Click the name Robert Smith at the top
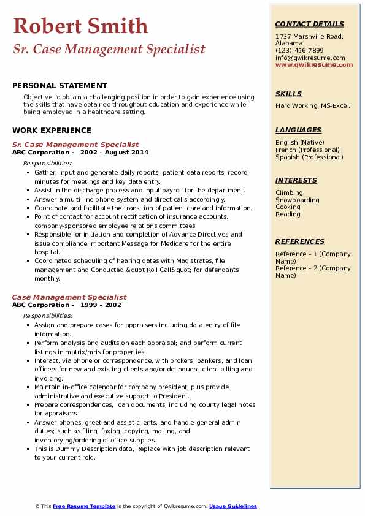tap(80, 26)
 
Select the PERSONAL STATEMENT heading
tap(60, 86)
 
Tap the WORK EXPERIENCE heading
tap(52, 131)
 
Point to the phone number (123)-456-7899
tap(299, 51)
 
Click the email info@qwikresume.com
tap(310, 58)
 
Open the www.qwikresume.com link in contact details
tap(314, 65)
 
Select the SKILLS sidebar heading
tap(288, 94)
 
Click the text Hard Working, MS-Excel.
tap(313, 106)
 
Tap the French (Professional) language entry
tap(307, 150)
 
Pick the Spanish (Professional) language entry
tap(309, 157)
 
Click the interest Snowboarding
tap(298, 200)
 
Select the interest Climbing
tap(290, 193)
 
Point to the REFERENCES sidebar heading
tap(300, 242)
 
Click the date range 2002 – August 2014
tap(114, 153)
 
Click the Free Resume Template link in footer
tap(83, 506)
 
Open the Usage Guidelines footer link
tap(233, 506)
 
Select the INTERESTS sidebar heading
tap(296, 181)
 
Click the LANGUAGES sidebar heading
tap(298, 131)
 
